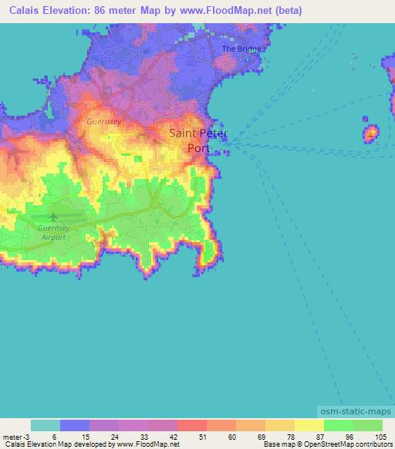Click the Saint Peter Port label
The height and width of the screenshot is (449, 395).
pyautogui.click(x=198, y=140)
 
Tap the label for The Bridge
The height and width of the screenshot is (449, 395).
pyautogui.click(x=242, y=49)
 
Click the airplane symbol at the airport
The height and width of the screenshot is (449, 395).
pyautogui.click(x=52, y=215)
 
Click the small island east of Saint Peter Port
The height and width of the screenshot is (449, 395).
pyautogui.click(x=370, y=134)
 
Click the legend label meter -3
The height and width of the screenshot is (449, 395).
pyautogui.click(x=17, y=437)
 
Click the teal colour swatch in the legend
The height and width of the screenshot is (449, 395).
pyautogui.click(x=46, y=426)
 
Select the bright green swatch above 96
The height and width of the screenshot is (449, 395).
pyautogui.click(x=339, y=426)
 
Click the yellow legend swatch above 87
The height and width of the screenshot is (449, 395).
pyautogui.click(x=309, y=426)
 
